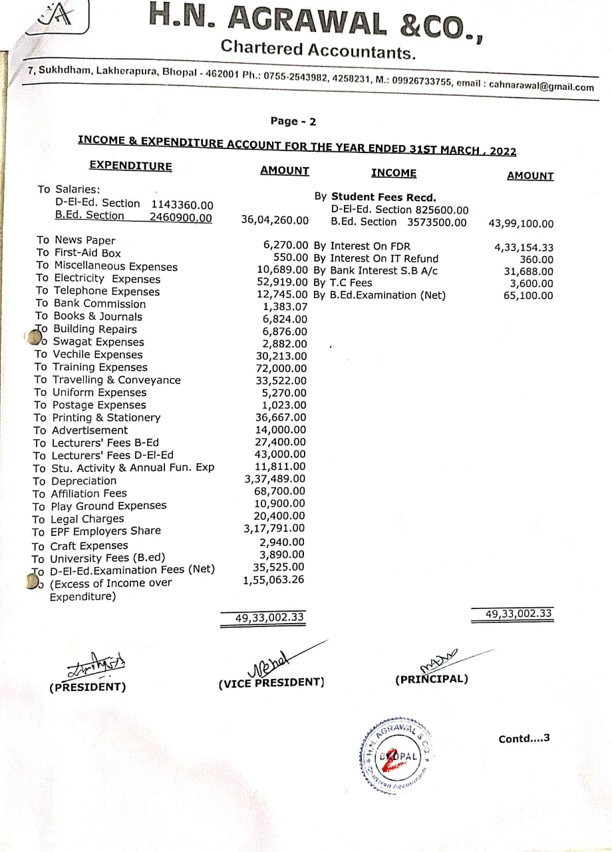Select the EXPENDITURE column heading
tap(130, 166)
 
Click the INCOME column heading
tap(394, 173)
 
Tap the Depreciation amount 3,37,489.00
tap(275, 479)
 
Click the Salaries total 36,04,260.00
tap(275, 220)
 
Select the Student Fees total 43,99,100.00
tap(520, 224)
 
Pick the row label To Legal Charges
tap(78, 519)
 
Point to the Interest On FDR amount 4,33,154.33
tap(524, 247)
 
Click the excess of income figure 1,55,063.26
tap(274, 580)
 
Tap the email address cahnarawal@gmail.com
tap(541, 87)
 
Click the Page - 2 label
tap(293, 121)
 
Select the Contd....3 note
tap(524, 738)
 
